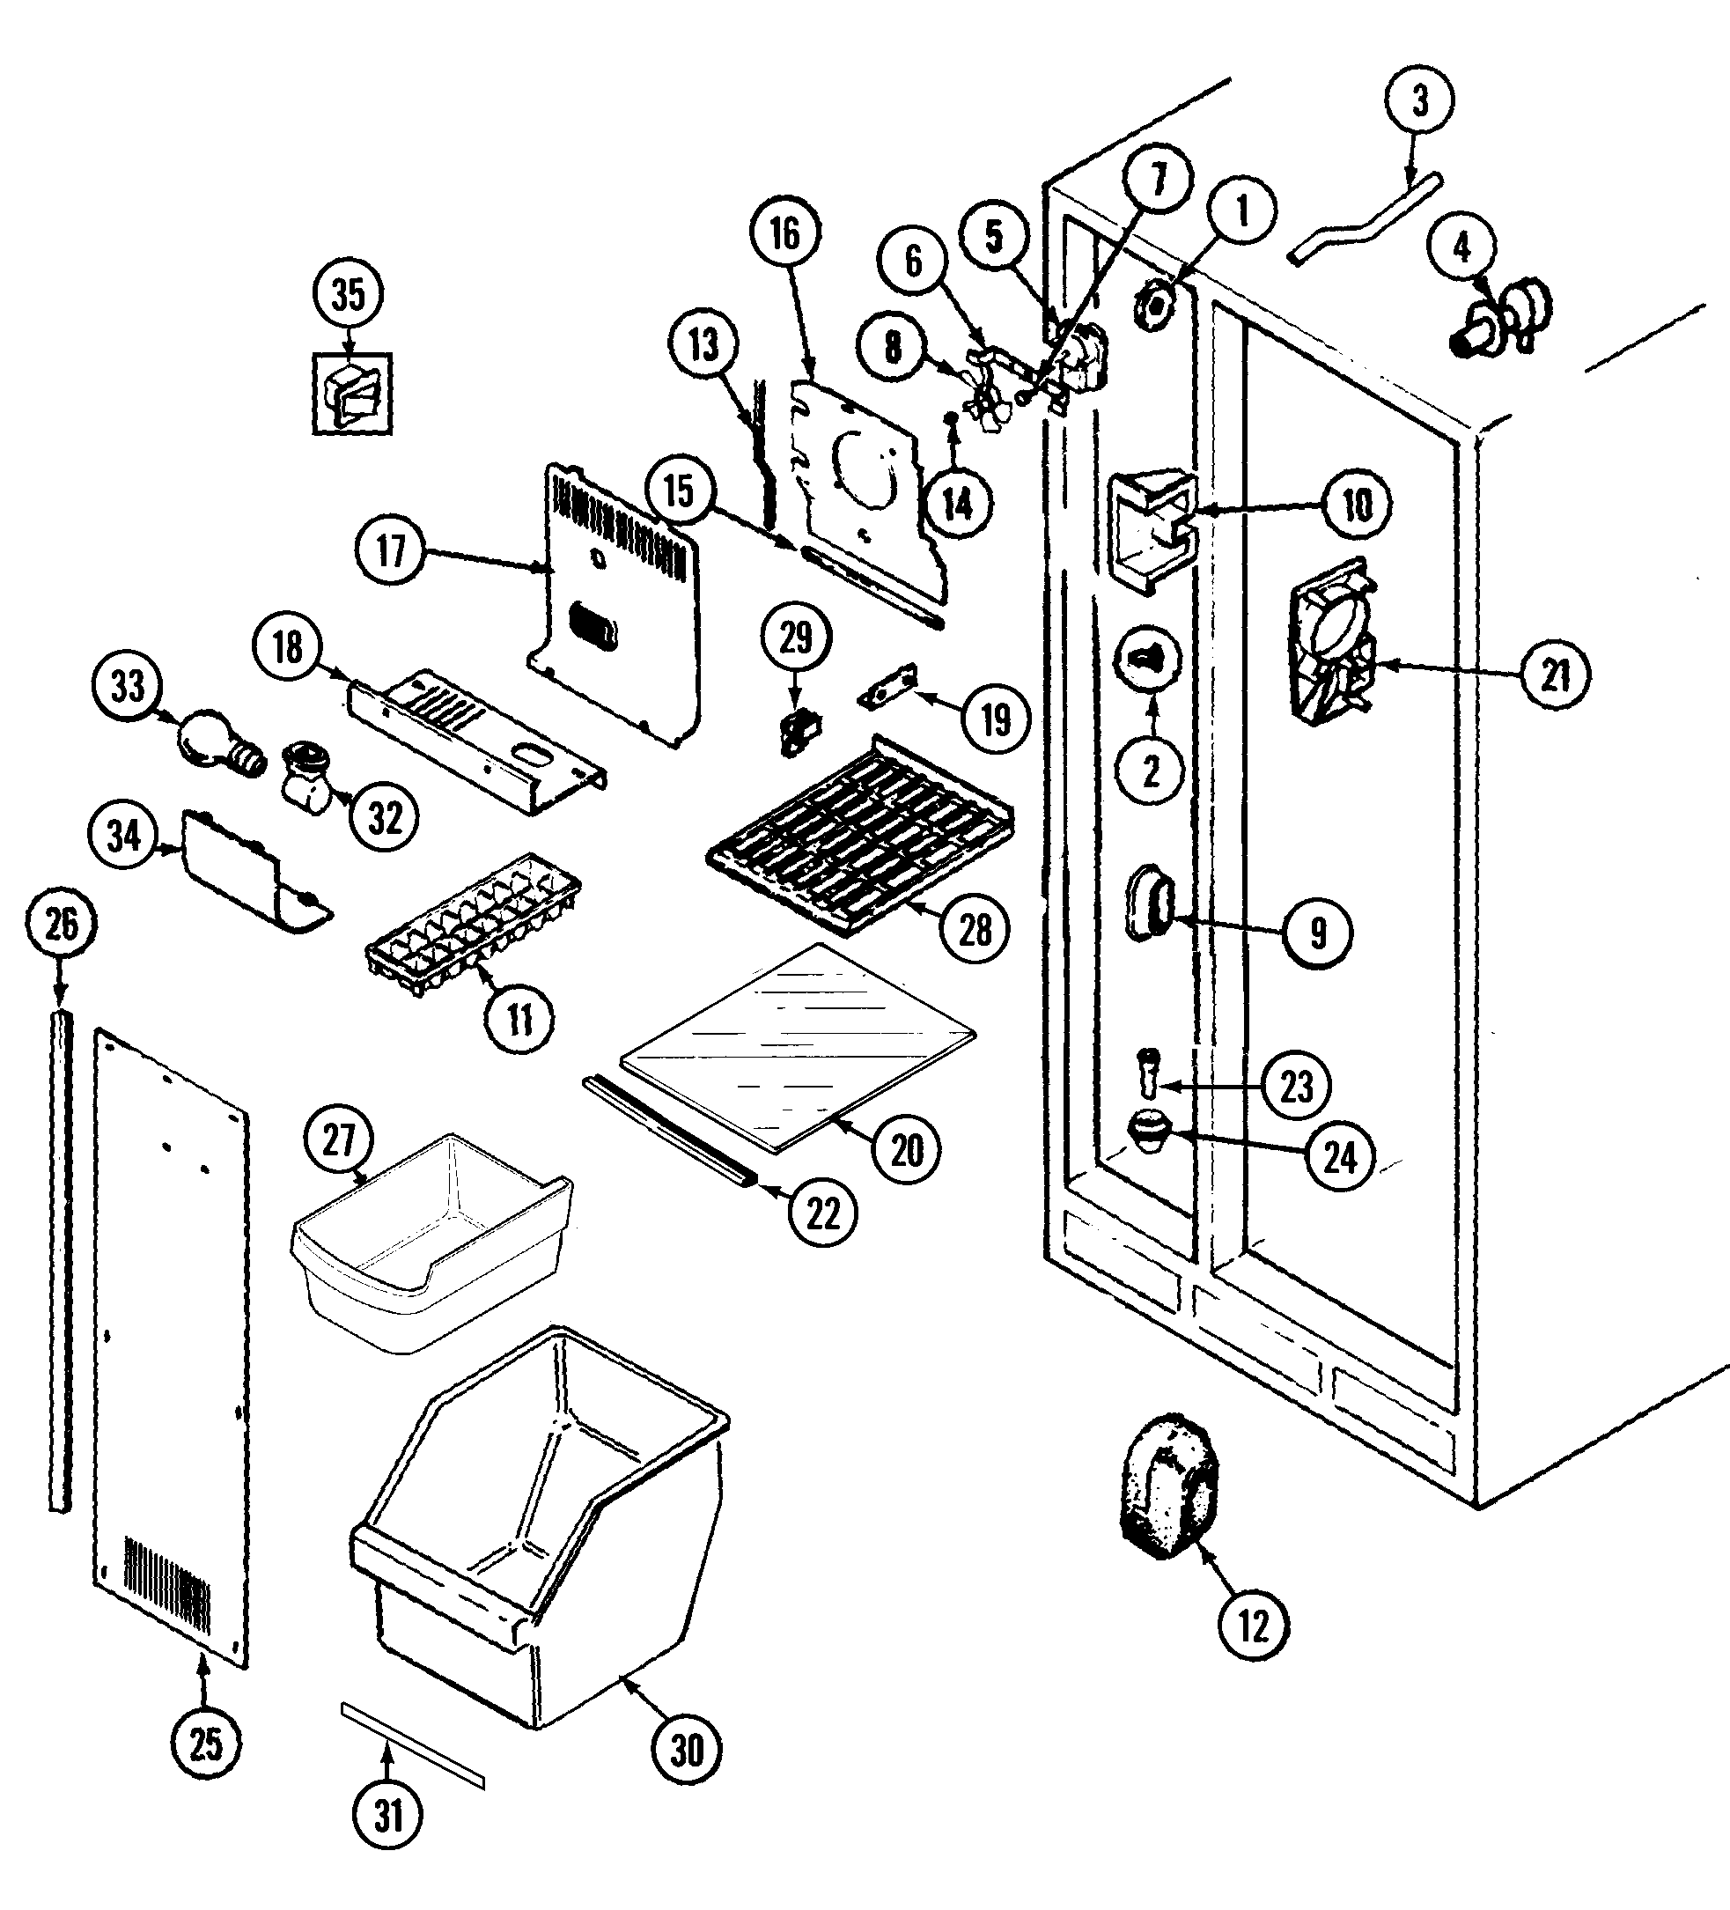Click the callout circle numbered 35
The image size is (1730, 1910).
point(348,294)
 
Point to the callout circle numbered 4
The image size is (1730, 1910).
point(1461,247)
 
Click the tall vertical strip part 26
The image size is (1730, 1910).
point(61,1260)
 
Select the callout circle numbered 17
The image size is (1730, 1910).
point(390,550)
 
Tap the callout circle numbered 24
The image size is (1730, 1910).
point(1340,1157)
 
